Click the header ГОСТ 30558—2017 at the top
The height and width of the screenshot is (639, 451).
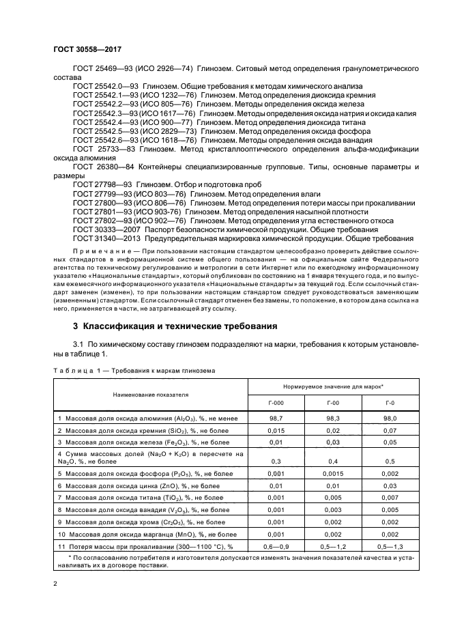click(83, 50)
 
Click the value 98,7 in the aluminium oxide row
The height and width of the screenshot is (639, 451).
click(276, 417)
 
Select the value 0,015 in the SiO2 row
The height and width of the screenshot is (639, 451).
click(276, 430)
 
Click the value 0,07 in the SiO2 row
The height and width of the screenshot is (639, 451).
click(390, 430)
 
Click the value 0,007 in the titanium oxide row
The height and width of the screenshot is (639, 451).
click(390, 498)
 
